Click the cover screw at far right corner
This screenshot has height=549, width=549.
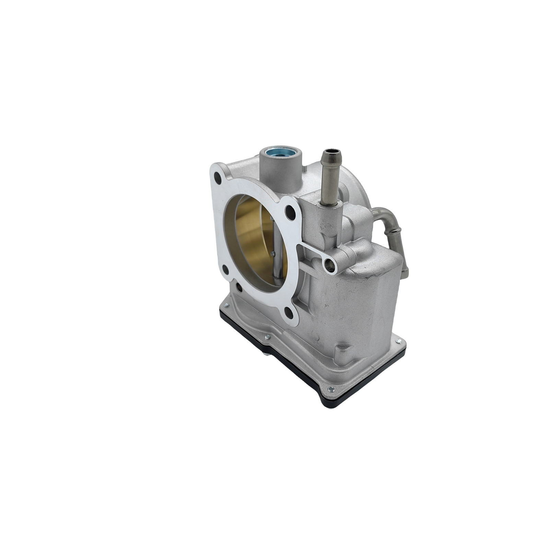point(398,341)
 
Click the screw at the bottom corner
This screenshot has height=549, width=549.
point(331,389)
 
